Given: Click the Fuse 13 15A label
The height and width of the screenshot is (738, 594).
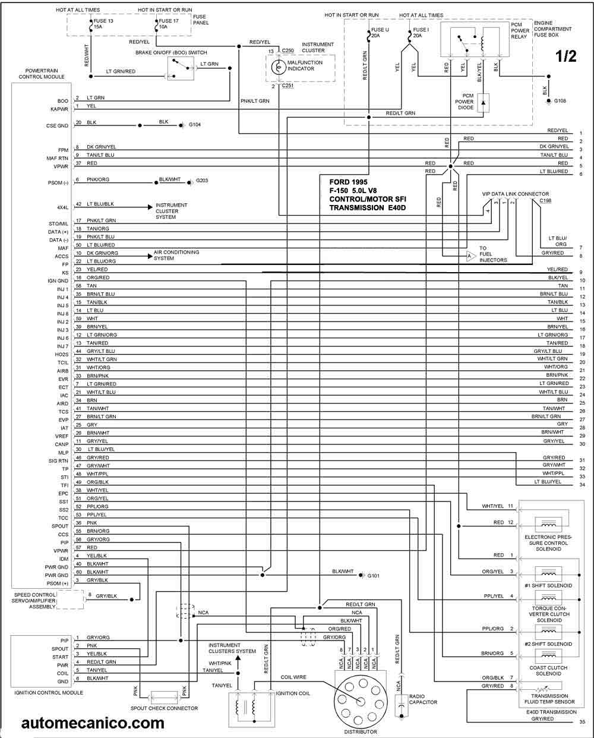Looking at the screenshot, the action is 103,24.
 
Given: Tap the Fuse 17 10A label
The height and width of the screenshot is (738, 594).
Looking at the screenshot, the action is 168,24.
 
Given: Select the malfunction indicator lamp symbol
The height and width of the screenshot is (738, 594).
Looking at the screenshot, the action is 278,67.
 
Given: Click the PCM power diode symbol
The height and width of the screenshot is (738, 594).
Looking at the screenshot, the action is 484,103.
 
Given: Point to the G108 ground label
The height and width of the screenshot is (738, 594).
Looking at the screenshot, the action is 560,101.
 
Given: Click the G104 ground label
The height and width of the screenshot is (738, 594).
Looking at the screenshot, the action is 194,125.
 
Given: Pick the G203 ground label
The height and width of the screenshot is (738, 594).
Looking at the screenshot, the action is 201,181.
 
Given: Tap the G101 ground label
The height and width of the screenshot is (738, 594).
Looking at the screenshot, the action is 374,576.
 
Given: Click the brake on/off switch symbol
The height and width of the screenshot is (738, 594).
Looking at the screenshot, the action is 181,68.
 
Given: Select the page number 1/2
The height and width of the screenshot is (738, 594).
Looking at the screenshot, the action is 566,56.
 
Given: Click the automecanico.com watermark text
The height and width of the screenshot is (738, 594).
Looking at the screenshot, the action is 93,723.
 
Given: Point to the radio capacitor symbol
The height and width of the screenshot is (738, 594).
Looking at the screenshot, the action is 401,706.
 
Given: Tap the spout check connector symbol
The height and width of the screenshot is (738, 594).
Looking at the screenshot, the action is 165,697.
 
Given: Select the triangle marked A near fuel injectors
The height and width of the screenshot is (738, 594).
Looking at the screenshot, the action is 471,256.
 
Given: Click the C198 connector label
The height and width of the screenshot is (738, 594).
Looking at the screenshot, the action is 545,201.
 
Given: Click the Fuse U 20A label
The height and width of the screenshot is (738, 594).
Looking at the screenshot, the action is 380,33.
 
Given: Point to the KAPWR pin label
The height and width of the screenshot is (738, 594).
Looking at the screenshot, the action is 59,109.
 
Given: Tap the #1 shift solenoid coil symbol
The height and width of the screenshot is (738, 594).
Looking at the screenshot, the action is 548,573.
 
